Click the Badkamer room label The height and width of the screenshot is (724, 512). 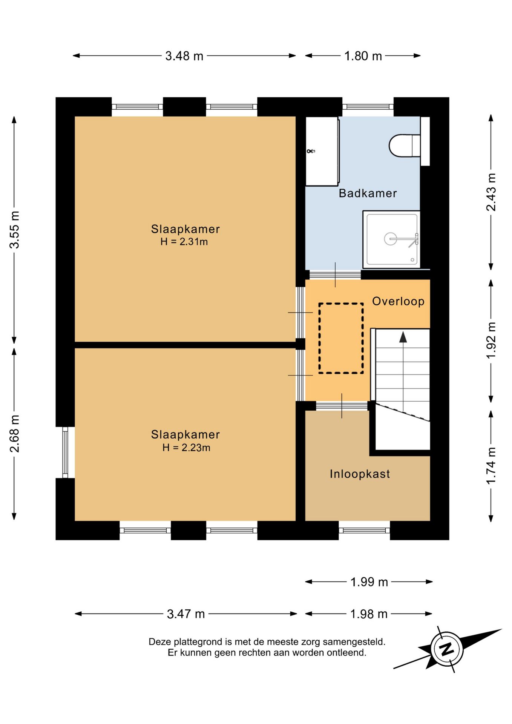point(368,193)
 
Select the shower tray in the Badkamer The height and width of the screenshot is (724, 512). point(391,239)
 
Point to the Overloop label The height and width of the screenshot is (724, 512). point(398,301)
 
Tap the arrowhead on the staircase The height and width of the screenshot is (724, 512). point(403,337)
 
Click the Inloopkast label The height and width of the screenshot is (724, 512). point(360,474)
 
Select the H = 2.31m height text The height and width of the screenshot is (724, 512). point(184,242)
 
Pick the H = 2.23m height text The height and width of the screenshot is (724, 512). point(186,448)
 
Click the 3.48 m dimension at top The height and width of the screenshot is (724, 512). point(184,56)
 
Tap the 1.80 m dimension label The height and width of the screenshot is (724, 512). point(363,56)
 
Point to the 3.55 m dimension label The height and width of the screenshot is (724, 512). point(14,230)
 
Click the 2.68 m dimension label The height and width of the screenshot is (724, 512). point(14,434)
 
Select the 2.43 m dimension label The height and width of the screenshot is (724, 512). point(491,192)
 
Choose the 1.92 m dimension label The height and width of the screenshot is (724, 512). point(491,341)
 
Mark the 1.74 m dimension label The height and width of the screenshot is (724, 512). point(491,466)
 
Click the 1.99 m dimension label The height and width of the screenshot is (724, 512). point(369,582)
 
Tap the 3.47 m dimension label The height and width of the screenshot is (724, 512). point(185,614)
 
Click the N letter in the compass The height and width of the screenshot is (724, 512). point(447,649)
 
